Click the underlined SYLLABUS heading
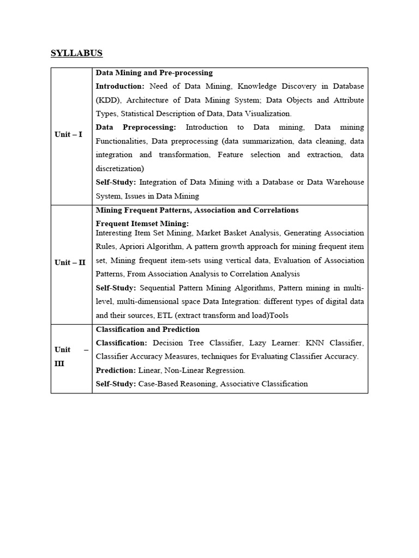(x=76, y=53)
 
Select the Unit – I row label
(x=69, y=134)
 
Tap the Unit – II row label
(x=70, y=262)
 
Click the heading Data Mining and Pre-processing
(x=154, y=72)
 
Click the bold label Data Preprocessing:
(x=136, y=127)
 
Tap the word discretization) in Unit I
(x=124, y=168)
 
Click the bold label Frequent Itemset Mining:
(x=142, y=223)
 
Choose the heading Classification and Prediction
(x=148, y=329)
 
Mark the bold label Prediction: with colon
(x=115, y=370)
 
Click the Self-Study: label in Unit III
(x=116, y=384)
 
